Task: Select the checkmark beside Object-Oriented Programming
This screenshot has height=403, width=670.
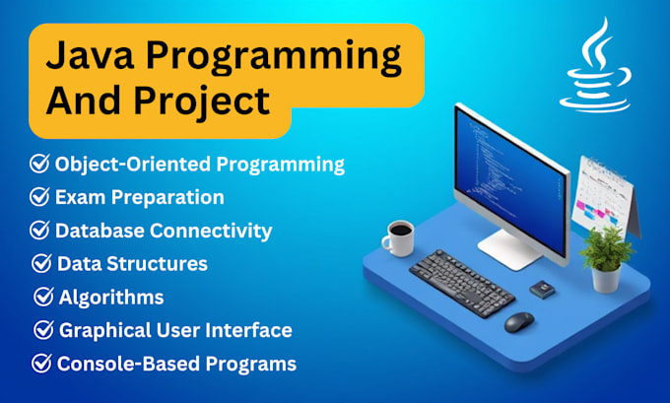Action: click(39, 164)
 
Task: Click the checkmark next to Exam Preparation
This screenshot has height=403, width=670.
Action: click(39, 197)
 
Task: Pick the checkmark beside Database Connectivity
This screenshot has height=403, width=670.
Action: click(39, 231)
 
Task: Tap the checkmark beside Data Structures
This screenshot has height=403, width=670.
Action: click(41, 263)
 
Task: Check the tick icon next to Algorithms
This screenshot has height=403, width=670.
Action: click(43, 297)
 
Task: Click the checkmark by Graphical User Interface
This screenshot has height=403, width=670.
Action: click(43, 330)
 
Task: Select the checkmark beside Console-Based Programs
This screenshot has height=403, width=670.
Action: click(41, 364)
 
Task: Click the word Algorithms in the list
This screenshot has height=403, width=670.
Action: click(111, 297)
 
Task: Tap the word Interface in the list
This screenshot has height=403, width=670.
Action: click(250, 330)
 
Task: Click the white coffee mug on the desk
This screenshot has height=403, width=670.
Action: click(399, 238)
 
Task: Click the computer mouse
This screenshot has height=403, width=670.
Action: click(518, 321)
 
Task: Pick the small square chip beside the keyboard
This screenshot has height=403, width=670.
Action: click(541, 289)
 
